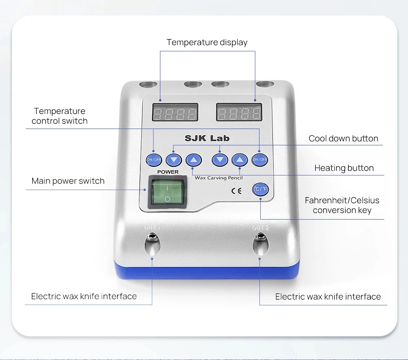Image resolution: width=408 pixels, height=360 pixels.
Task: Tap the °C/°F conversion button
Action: [260, 189]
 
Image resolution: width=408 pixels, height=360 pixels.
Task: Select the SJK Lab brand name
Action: [207, 138]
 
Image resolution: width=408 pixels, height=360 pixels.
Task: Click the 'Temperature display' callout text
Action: [207, 42]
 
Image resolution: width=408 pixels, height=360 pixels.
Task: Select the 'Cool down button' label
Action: [343, 138]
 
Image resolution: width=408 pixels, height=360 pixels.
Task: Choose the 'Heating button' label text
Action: [344, 168]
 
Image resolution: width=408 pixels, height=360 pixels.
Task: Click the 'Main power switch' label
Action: [68, 181]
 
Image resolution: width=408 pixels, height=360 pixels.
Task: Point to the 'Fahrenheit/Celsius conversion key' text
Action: [342, 205]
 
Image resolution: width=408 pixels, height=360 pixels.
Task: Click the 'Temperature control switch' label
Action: [60, 116]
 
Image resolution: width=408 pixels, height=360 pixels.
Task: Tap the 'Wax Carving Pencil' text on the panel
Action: [219, 178]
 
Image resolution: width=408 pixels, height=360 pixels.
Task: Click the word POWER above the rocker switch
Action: [168, 172]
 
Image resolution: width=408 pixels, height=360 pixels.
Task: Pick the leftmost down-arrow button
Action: [174, 160]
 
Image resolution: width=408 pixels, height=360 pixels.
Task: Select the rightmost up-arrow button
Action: [240, 160]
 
